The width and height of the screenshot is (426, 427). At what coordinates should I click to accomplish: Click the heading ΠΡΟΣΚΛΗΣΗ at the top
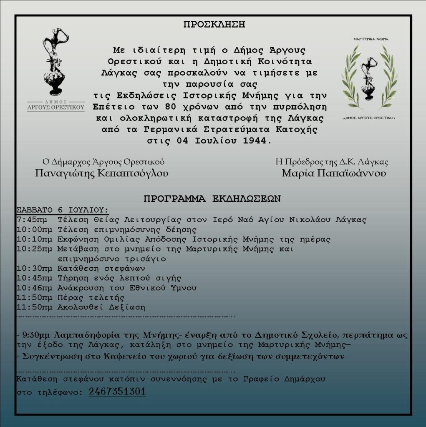pyautogui.click(x=214, y=24)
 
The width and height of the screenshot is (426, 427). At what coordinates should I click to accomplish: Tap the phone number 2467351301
pyautogui.click(x=117, y=392)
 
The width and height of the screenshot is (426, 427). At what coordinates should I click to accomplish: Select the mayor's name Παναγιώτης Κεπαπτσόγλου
pyautogui.click(x=102, y=173)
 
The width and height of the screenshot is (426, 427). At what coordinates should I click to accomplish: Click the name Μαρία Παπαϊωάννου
pyautogui.click(x=334, y=173)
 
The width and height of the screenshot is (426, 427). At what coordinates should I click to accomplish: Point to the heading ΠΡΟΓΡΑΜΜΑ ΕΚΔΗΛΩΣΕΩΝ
pyautogui.click(x=212, y=198)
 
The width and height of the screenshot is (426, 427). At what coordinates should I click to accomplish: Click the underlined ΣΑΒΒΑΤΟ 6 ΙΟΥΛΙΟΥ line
pyautogui.click(x=63, y=209)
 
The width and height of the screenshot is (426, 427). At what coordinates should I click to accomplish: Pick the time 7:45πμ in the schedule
pyautogui.click(x=32, y=219)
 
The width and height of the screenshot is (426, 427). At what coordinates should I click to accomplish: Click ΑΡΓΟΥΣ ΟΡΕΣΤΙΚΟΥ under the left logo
pyautogui.click(x=56, y=107)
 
